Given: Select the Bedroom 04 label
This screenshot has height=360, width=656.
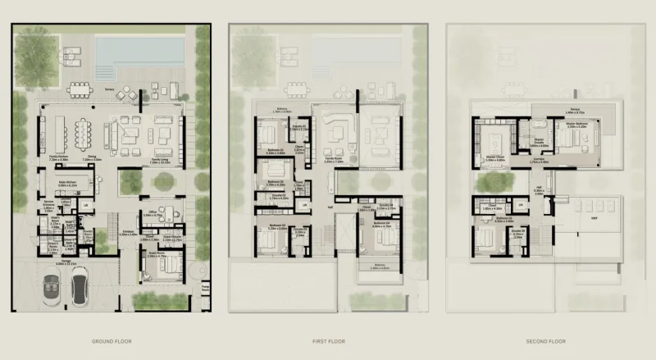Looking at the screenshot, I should point(380,222).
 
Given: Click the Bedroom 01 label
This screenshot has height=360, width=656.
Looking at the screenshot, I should point(273,152).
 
